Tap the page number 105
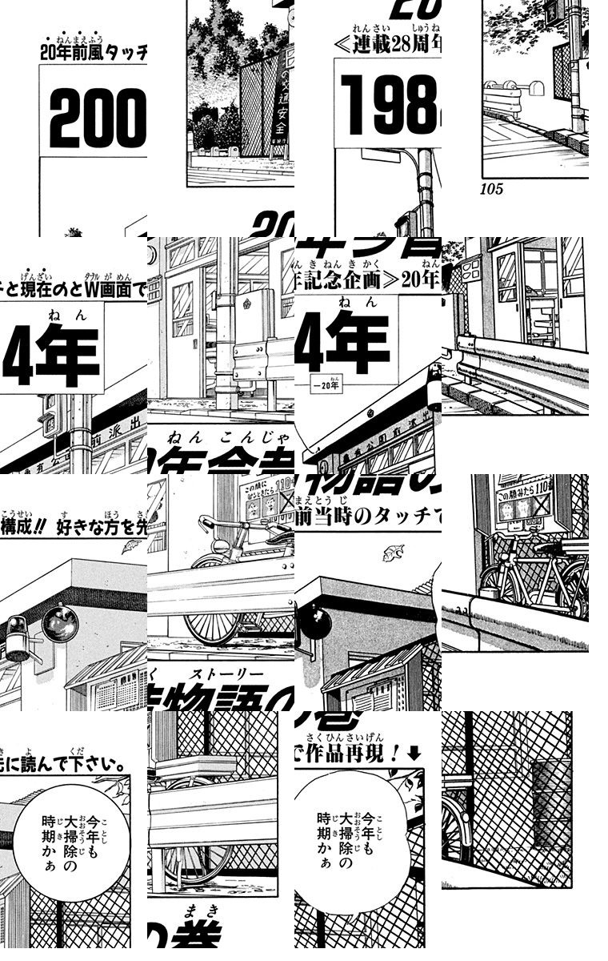tap(491, 190)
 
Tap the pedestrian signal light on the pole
tap(48, 416)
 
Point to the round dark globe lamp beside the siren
tap(59, 622)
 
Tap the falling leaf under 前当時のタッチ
tap(393, 553)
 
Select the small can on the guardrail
tap(486, 593)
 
